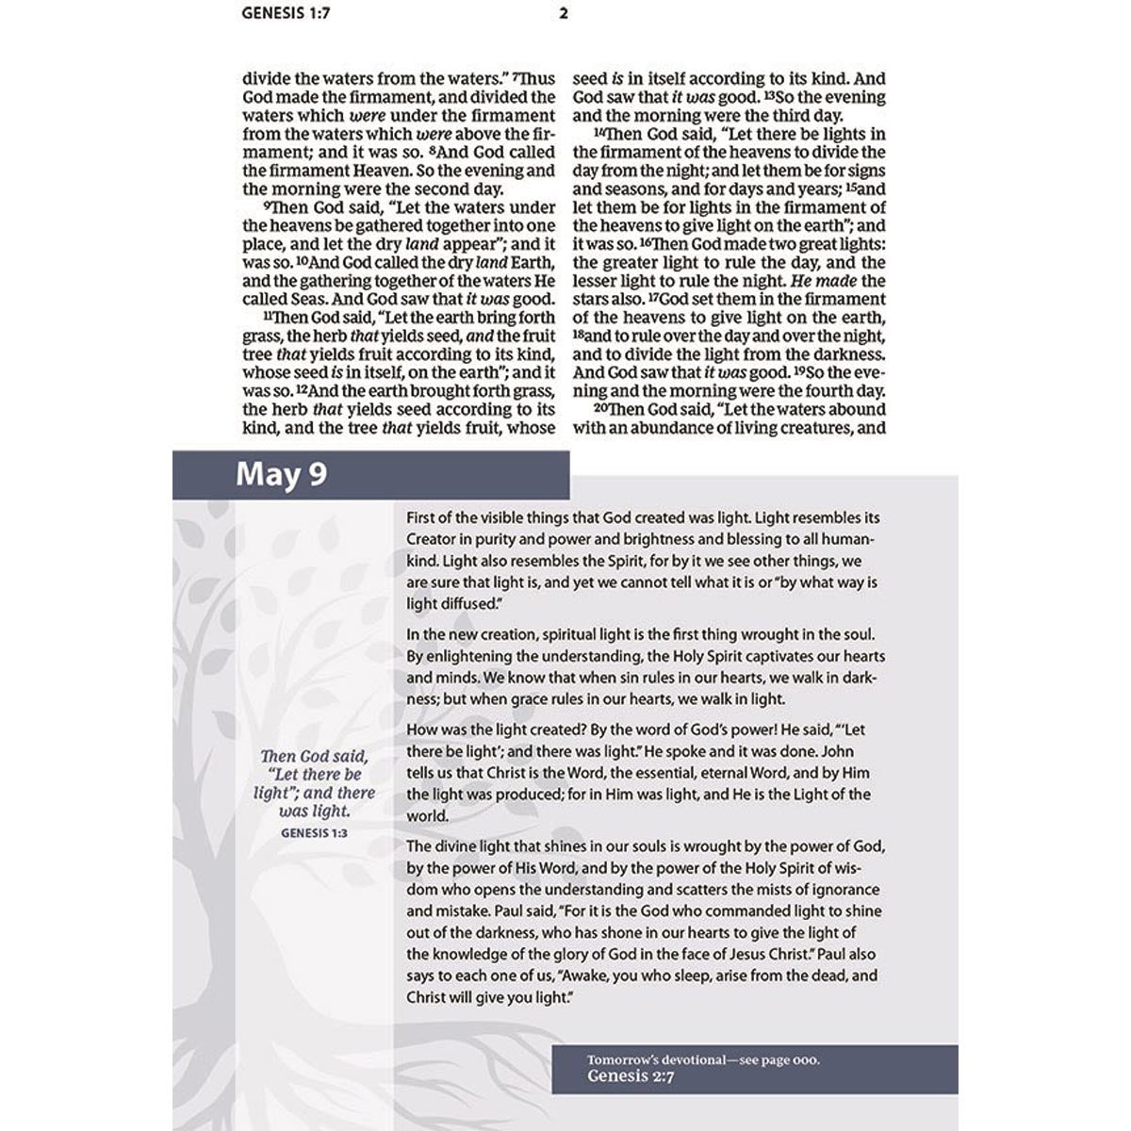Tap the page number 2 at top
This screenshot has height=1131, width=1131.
point(564,14)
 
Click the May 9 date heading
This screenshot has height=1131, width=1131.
point(281,473)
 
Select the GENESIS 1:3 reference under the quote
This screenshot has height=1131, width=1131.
point(315,832)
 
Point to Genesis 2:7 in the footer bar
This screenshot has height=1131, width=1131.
point(628,1075)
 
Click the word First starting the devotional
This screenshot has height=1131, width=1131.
point(423,517)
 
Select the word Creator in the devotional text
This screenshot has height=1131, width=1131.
point(434,539)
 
